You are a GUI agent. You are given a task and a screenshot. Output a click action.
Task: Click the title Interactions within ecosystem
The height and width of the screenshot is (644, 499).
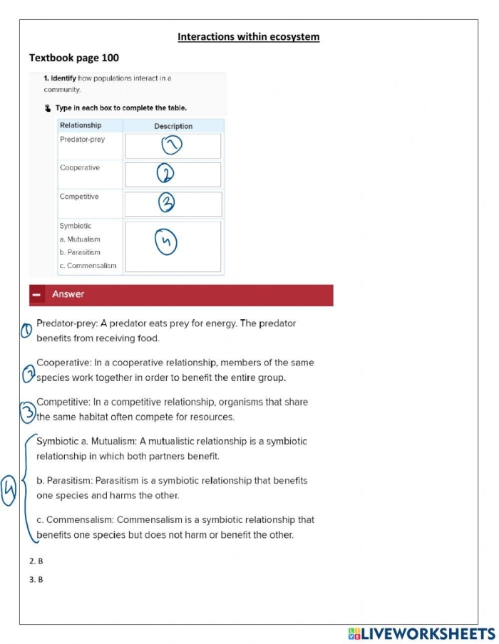(248, 37)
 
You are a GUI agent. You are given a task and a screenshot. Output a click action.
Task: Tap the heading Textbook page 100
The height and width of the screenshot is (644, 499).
(74, 58)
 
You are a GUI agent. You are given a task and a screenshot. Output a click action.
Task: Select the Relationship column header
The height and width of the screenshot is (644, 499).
(81, 125)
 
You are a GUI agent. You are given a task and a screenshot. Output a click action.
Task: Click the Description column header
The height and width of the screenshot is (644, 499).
(173, 126)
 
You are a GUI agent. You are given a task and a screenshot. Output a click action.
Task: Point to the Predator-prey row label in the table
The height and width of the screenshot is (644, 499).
(82, 140)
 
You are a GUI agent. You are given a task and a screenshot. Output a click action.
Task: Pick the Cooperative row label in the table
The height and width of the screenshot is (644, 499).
(80, 168)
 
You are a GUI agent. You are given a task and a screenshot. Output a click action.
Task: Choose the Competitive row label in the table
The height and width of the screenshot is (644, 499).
(79, 197)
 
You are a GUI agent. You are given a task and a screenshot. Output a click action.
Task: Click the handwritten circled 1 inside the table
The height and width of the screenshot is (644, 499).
(172, 145)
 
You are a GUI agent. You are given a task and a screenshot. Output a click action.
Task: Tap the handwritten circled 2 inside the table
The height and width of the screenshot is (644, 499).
(165, 174)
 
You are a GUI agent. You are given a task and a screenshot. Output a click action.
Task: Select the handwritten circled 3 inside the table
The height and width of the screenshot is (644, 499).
(166, 203)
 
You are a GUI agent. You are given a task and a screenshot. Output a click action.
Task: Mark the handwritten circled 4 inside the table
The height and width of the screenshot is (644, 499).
(165, 243)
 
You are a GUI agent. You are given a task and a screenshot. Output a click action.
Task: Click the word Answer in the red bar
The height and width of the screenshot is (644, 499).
(68, 294)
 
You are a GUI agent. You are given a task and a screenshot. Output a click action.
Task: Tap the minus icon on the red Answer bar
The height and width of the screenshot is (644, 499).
(37, 295)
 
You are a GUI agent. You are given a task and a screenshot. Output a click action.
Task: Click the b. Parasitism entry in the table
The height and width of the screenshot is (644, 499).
(80, 252)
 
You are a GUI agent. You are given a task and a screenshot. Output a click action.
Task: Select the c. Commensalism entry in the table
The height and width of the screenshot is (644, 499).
(88, 266)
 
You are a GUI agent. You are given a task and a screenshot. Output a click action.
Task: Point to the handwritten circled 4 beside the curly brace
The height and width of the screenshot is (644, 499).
(9, 490)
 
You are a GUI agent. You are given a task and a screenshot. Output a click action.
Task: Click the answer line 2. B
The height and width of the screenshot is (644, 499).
(36, 561)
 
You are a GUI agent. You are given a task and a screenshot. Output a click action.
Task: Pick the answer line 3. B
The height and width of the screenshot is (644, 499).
(36, 580)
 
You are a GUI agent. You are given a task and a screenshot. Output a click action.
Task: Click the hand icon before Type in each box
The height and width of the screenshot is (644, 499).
(48, 108)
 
